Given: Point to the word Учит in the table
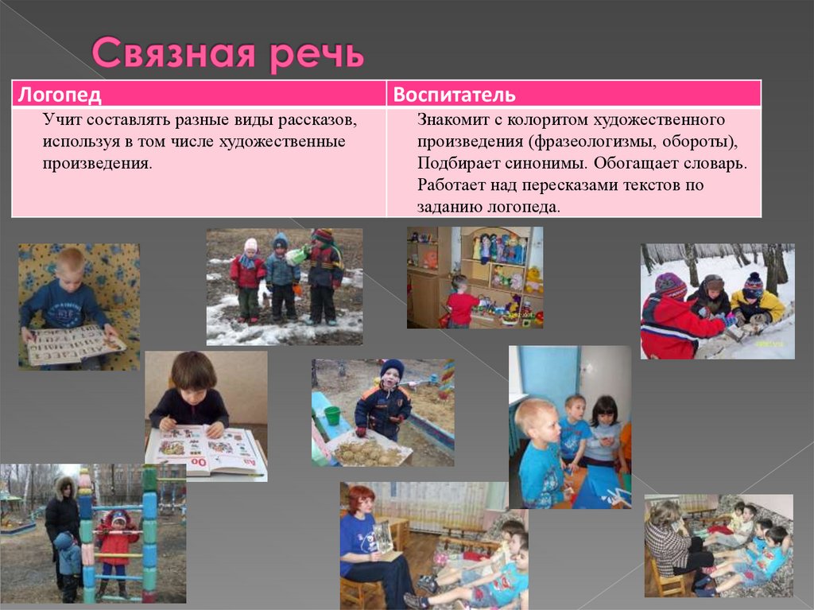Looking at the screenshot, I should [x=60, y=121].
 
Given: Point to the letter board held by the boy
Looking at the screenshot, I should [x=76, y=344].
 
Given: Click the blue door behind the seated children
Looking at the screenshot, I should [x=548, y=374].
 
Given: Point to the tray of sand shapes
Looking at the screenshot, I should [x=370, y=452].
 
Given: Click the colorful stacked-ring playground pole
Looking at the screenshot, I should [x=149, y=533].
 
